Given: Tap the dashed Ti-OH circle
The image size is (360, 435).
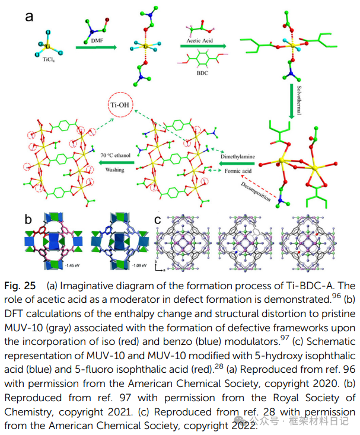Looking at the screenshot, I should pos(120,107).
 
